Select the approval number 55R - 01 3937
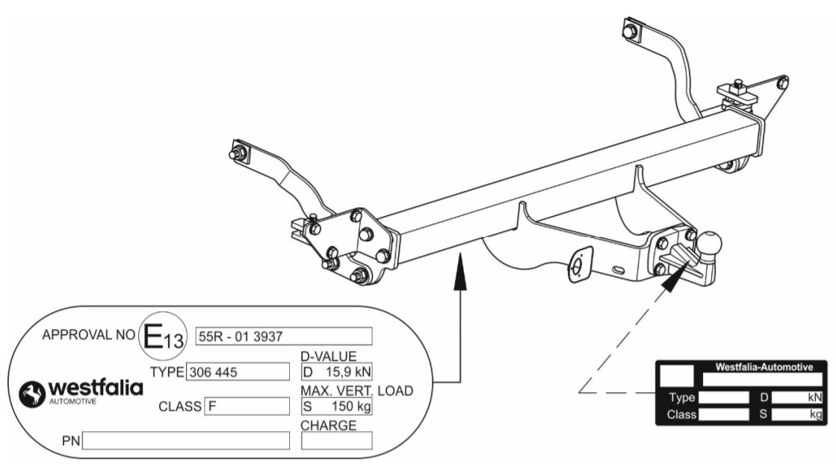pyautogui.click(x=283, y=335)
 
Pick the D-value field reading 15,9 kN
pyautogui.click(x=336, y=371)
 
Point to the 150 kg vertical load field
pyautogui.click(x=336, y=406)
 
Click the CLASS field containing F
pyautogui.click(x=247, y=406)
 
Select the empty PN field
pyautogui.click(x=186, y=441)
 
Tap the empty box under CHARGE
pyautogui.click(x=336, y=441)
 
